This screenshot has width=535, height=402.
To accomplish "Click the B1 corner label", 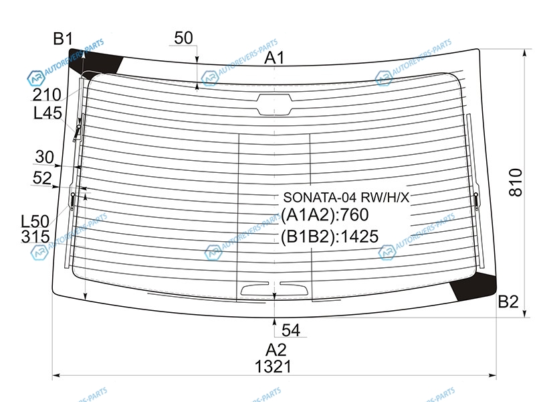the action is [x=63, y=39].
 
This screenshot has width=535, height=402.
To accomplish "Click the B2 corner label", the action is [x=508, y=301].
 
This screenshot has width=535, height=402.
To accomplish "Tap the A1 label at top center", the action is [x=274, y=58].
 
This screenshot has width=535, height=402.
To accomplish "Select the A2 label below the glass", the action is [x=276, y=350].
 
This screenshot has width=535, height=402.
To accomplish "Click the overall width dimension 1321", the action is [x=273, y=366].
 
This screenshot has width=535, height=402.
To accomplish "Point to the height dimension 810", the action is [x=516, y=182].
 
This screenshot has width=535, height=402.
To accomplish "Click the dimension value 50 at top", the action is [x=183, y=38].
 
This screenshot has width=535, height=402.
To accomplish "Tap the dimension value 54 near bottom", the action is [x=291, y=330].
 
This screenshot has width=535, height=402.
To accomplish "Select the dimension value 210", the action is [x=47, y=94].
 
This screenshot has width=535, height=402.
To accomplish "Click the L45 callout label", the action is [x=47, y=113].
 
